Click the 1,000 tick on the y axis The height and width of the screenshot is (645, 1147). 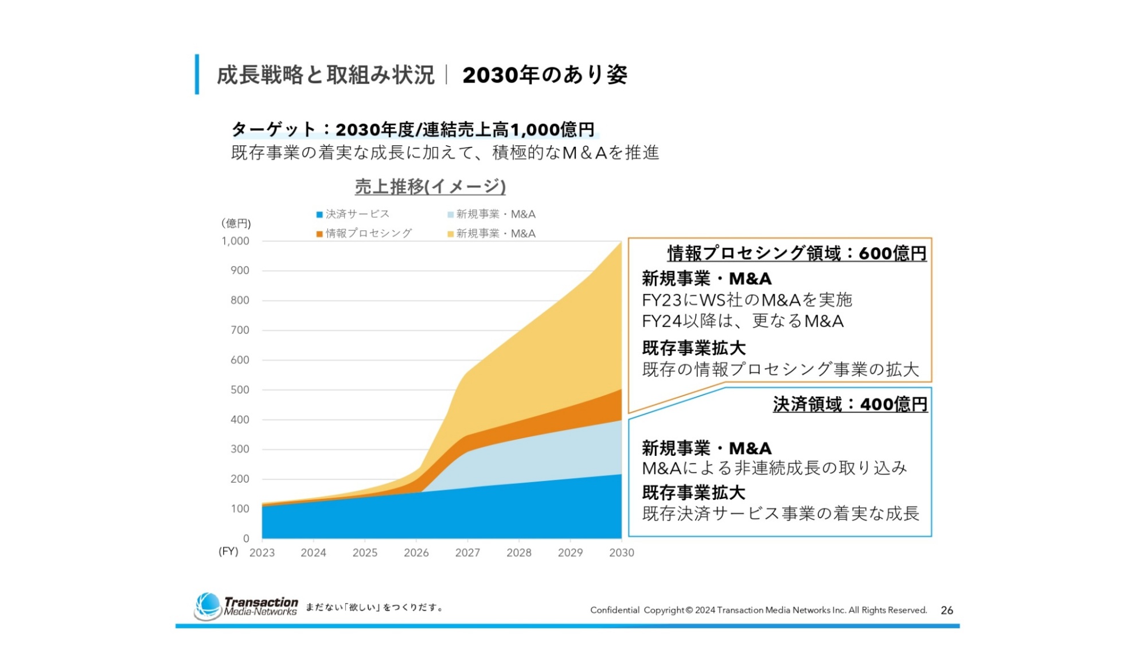[x=235, y=241]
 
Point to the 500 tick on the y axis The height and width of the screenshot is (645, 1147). [x=239, y=390]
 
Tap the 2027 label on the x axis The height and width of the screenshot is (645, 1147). [x=467, y=553]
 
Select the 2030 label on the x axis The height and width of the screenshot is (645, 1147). [x=622, y=553]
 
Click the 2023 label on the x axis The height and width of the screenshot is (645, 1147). [x=262, y=553]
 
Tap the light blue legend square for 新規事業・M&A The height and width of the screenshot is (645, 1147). [x=451, y=215]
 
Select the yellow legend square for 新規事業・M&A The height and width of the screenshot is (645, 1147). [x=451, y=234]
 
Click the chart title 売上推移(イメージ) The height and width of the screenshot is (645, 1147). [x=430, y=186]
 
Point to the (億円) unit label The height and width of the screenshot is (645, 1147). [x=236, y=224]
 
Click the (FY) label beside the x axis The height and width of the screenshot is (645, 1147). [x=228, y=552]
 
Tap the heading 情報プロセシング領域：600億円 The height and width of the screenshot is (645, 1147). [x=797, y=253]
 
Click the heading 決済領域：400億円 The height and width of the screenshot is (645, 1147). [x=850, y=404]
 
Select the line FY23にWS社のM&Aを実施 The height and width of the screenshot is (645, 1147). [x=747, y=300]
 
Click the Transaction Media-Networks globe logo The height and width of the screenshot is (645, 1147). [x=208, y=606]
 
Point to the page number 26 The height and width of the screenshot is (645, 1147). [x=947, y=611]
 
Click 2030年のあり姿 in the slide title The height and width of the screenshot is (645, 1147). [x=545, y=75]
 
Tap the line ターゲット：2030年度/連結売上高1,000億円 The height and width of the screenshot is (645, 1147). [x=413, y=130]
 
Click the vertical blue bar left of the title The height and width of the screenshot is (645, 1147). [x=197, y=75]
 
